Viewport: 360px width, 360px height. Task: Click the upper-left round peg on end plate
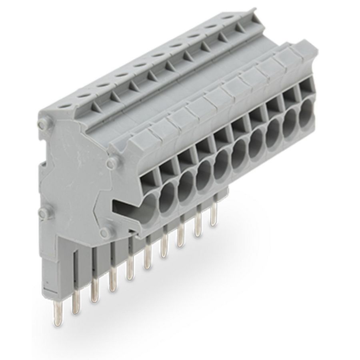point(42,124)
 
